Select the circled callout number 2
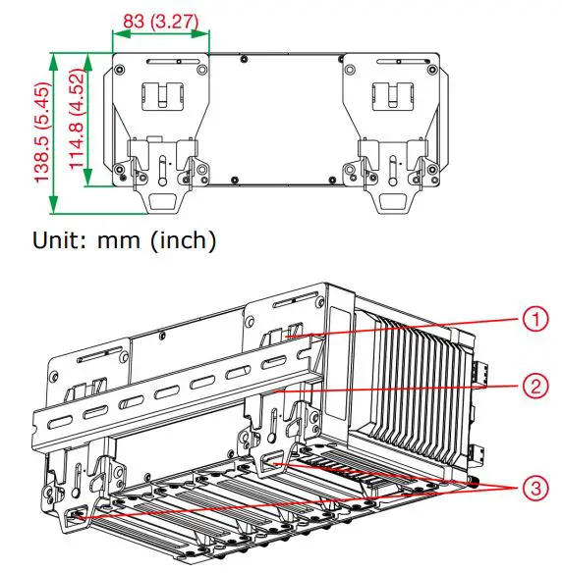pos(531,386)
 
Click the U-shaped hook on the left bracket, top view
pos(160,95)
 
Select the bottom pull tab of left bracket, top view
pos(161,202)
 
